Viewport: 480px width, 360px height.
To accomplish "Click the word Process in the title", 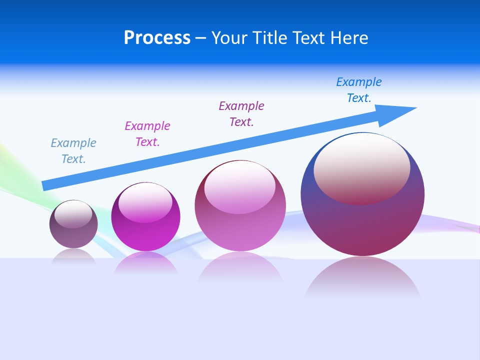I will coord(157,38).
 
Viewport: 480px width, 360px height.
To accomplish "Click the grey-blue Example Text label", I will coord(73,151).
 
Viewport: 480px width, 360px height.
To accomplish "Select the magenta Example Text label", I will coord(147,134).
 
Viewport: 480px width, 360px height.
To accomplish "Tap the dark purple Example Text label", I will coord(241,114).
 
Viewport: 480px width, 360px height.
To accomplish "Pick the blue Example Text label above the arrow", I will coord(359,90).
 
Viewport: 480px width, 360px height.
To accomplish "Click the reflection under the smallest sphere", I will coord(73,256).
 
